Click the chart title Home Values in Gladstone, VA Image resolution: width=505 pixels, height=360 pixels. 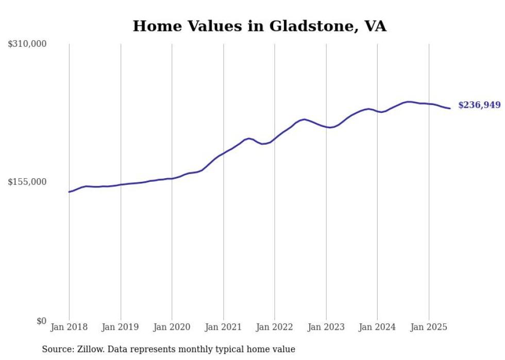tap(259, 26)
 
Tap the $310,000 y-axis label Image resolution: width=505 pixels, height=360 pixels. tap(27, 44)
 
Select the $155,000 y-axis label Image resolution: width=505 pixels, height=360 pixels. tap(27, 182)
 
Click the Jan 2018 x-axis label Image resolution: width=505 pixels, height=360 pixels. tap(69, 327)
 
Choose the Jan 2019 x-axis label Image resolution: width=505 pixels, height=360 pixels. tap(121, 327)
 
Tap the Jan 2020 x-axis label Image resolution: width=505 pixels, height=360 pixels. tap(172, 327)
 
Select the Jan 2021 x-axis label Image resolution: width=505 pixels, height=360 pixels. tap(223, 327)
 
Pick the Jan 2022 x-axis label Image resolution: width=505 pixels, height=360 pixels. tap(275, 327)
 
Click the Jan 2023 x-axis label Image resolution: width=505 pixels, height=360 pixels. tap(326, 327)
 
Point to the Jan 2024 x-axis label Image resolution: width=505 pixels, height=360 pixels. tap(377, 327)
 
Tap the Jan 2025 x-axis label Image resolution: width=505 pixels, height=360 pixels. tap(429, 327)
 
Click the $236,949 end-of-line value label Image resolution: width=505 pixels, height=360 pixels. tap(479, 105)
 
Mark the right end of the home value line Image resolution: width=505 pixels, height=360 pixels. tap(450, 108)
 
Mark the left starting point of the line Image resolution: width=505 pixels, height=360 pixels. tap(69, 192)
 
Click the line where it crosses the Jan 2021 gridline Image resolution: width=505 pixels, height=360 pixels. tap(223, 153)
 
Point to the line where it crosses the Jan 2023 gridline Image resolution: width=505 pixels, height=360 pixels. tap(326, 127)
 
